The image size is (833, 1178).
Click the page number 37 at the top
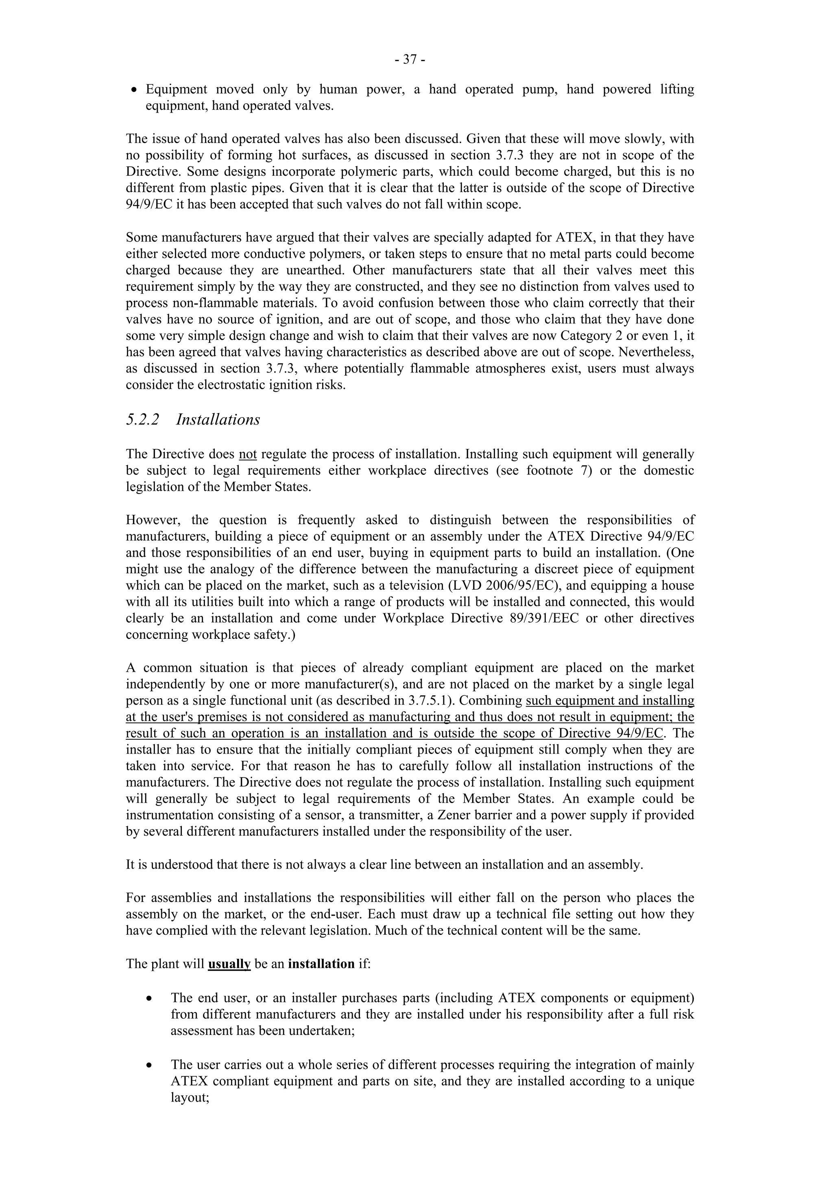[410, 60]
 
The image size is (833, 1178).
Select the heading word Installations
[218, 420]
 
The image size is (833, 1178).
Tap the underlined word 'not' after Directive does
[247, 454]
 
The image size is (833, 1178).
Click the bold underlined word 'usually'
[229, 964]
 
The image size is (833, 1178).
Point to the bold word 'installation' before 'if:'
[321, 964]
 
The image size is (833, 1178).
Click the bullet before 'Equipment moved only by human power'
[134, 90]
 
